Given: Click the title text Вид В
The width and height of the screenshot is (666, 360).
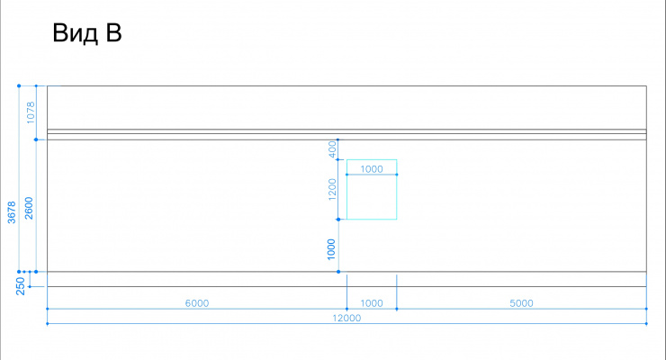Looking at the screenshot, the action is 87,32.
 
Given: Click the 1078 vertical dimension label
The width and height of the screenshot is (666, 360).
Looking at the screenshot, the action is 31,112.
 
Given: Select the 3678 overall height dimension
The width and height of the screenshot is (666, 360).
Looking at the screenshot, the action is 12,212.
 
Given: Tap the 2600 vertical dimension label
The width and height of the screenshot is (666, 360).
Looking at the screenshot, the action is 29,208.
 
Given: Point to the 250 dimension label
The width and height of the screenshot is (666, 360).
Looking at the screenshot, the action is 21,285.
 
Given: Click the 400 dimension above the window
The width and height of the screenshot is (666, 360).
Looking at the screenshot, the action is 333,149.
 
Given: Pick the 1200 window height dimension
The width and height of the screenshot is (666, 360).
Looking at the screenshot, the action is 332,189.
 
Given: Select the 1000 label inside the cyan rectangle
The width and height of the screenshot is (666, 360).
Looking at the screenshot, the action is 372,169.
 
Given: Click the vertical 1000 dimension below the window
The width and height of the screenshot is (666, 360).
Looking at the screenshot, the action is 331,249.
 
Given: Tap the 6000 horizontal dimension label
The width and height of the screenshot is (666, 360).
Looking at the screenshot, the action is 197,303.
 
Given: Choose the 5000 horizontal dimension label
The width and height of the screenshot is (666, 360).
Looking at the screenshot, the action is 521,303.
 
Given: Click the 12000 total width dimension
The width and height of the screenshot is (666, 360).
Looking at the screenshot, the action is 346,318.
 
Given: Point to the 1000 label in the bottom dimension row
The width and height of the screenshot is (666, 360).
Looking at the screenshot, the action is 372,303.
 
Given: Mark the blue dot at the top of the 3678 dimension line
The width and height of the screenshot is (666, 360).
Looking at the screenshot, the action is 19,85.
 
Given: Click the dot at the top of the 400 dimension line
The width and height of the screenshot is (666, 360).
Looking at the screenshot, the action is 338,139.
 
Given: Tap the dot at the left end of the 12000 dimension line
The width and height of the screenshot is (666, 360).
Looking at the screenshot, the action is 47,323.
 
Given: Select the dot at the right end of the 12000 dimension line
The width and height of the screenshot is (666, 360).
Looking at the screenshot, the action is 646,323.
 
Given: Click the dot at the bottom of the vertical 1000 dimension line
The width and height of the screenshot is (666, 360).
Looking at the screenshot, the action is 338,272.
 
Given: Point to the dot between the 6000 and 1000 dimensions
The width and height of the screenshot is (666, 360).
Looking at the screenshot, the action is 347,309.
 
